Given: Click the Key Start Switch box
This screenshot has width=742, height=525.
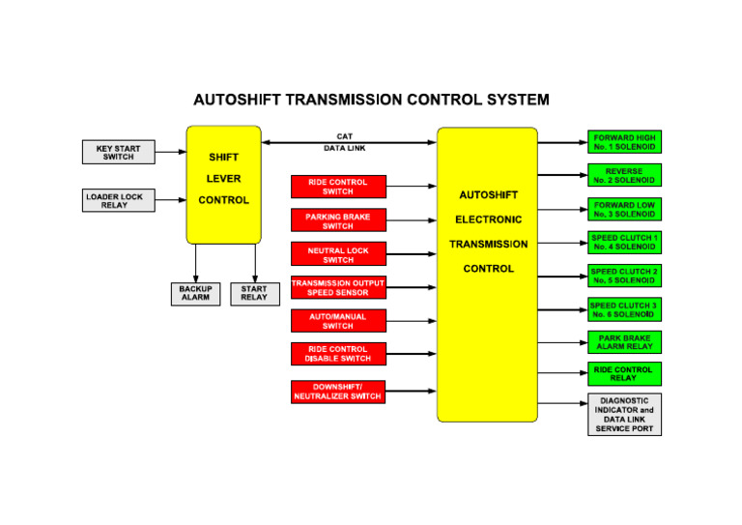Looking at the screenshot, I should click(118, 153).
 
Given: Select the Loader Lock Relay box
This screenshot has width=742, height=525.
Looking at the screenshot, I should click(114, 201).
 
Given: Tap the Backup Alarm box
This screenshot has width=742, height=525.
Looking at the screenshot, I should click(195, 294).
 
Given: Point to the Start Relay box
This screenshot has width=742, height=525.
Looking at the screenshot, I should click(254, 294).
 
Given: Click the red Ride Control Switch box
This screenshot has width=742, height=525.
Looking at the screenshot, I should click(338, 187).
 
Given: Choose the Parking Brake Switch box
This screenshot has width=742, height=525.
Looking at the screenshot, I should click(338, 220).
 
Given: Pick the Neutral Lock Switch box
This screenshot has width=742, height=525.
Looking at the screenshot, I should click(338, 254).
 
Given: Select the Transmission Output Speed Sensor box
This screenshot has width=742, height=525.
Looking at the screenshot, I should click(338, 288).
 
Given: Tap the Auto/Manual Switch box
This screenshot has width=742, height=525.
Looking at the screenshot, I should click(338, 321).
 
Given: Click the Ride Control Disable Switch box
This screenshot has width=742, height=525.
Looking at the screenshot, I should click(338, 354).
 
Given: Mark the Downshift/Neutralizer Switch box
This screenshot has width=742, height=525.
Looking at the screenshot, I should click(338, 392).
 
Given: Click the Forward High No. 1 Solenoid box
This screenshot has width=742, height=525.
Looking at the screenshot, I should click(624, 143).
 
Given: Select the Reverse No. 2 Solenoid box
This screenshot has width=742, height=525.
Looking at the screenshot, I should click(624, 176).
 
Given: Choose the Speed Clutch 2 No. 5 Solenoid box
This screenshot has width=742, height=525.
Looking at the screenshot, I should click(624, 276).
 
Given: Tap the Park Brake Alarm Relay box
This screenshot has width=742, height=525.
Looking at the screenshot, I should click(624, 342).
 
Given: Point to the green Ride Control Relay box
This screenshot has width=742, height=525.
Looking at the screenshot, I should click(624, 374).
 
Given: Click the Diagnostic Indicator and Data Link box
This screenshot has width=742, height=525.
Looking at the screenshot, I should click(624, 415).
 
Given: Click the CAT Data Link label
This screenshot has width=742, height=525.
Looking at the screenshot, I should click(345, 142).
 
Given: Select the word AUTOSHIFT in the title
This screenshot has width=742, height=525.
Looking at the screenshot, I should click(239, 100).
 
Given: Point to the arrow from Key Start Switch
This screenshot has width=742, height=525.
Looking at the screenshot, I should click(170, 153).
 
